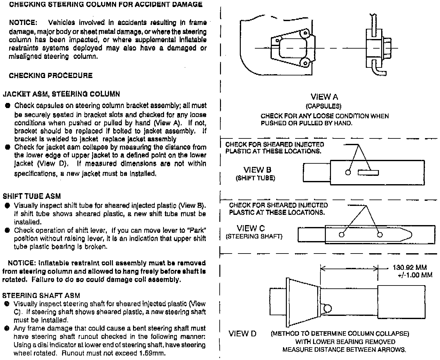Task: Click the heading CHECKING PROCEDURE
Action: [51, 75]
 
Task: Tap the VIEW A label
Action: [324, 97]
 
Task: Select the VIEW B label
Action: [257, 170]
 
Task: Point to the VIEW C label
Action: [251, 228]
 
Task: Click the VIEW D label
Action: [242, 334]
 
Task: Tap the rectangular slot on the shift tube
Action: [368, 173]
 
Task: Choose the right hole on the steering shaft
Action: [380, 235]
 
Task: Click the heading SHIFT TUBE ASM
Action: [32, 196]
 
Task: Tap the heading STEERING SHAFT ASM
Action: [41, 295]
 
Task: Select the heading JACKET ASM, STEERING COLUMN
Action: [61, 94]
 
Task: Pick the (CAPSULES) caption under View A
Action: [323, 106]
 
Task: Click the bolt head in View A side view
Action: [387, 48]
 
